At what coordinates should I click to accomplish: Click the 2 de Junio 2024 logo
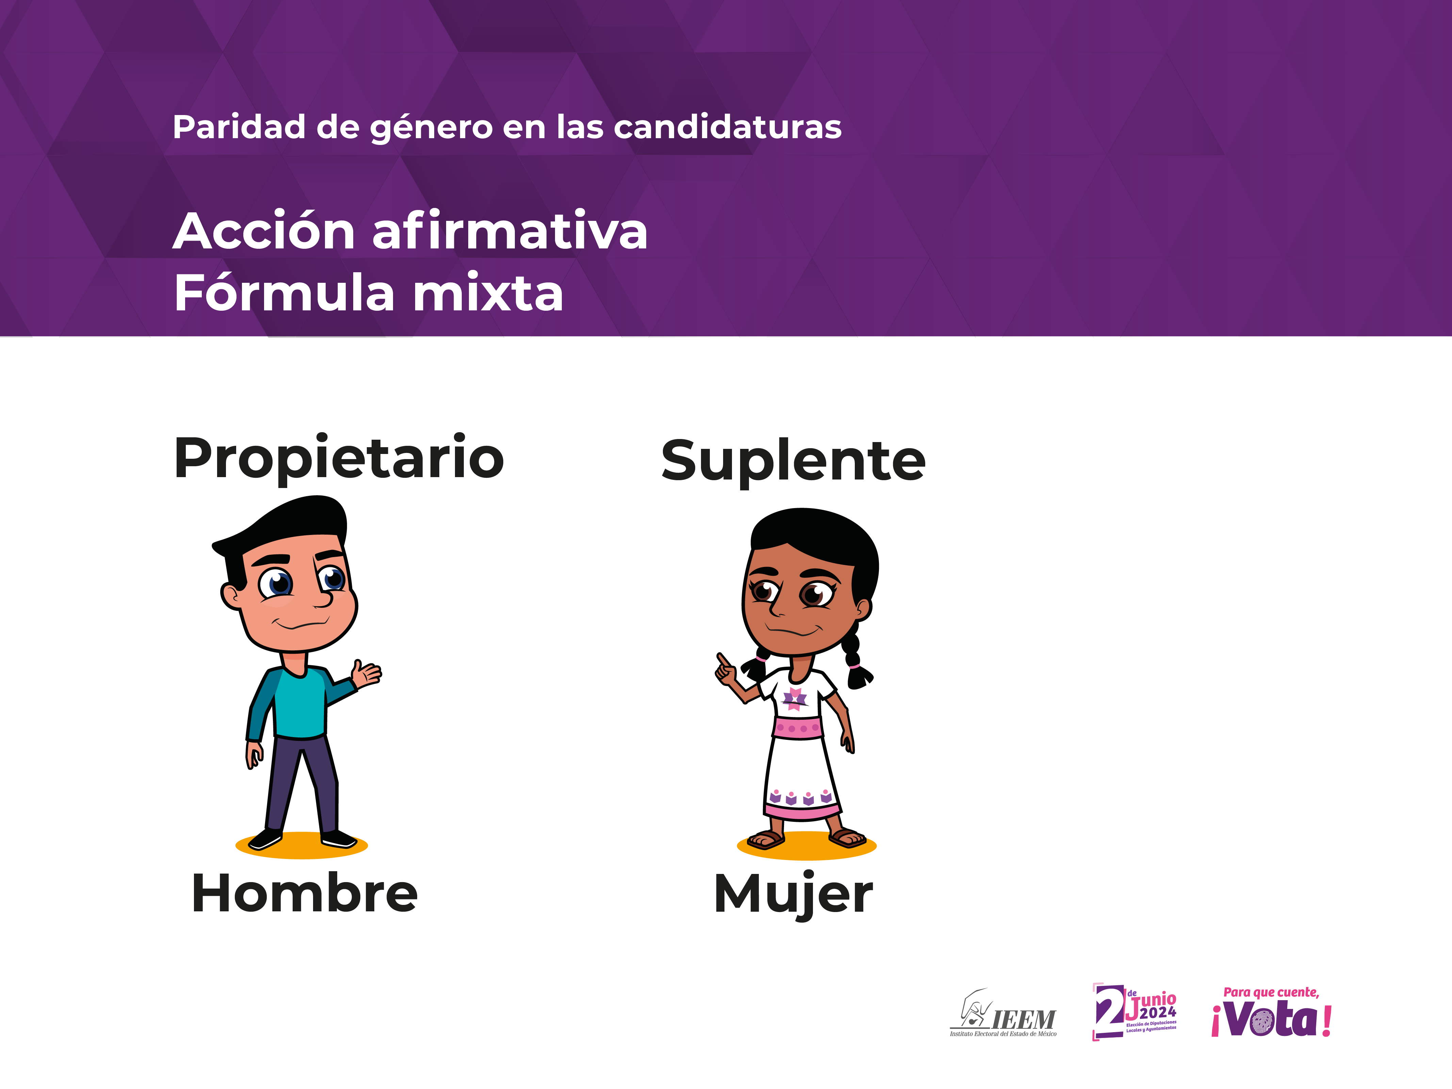tap(1134, 1011)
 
